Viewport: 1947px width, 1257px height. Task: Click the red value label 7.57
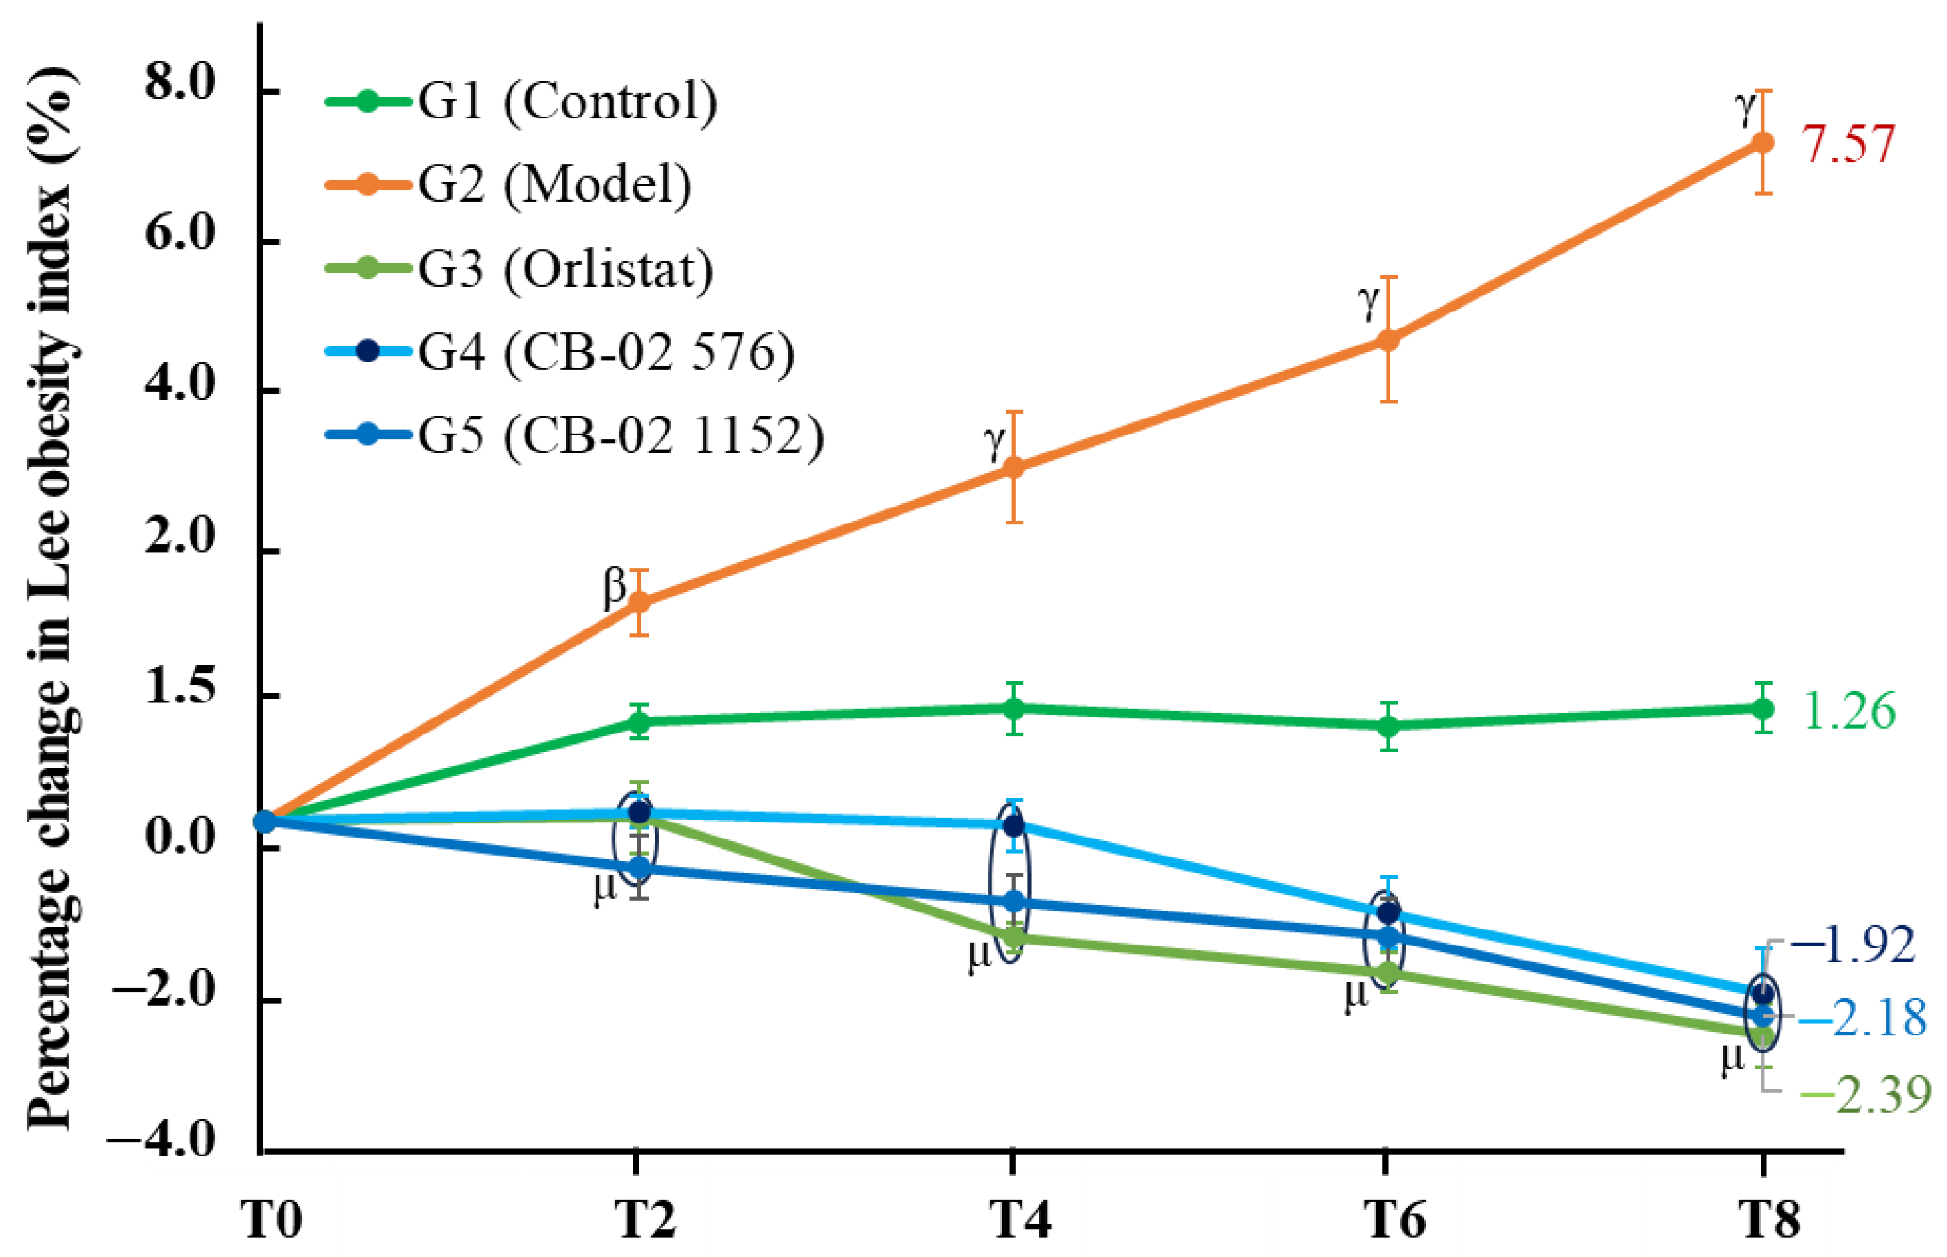(1847, 145)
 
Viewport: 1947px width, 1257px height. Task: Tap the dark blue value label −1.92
(1853, 945)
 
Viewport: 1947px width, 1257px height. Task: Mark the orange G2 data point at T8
(1763, 143)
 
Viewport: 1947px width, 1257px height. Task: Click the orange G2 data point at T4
(1013, 467)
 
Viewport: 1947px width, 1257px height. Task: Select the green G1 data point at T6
(1389, 726)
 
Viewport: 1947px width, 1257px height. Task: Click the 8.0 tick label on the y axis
(179, 84)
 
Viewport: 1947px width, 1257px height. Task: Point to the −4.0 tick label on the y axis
(163, 1139)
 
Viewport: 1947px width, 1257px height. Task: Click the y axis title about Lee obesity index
(53, 600)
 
